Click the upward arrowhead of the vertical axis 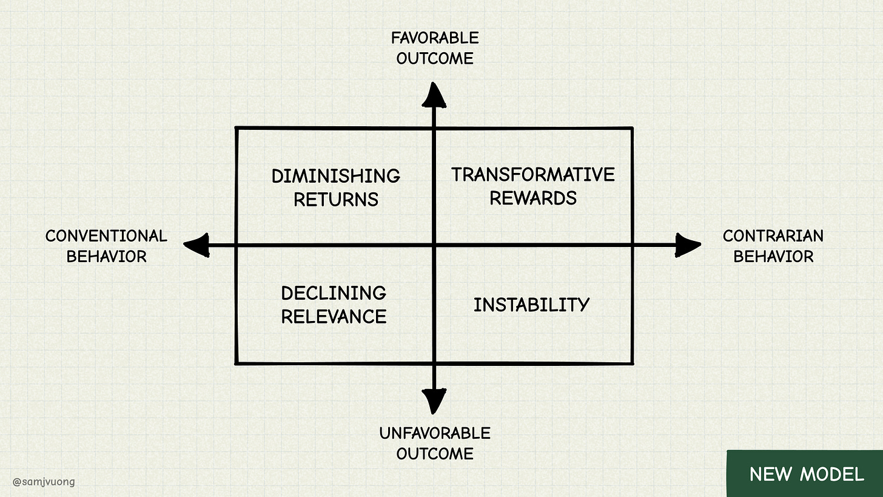pyautogui.click(x=434, y=96)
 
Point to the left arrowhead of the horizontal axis pyautogui.click(x=197, y=245)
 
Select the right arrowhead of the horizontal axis pyautogui.click(x=687, y=245)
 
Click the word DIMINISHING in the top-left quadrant pyautogui.click(x=335, y=177)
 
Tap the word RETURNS pyautogui.click(x=336, y=199)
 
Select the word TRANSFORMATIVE pyautogui.click(x=533, y=175)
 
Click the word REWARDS pyautogui.click(x=533, y=198)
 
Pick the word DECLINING pyautogui.click(x=334, y=293)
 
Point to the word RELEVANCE pyautogui.click(x=334, y=316)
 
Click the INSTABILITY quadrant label pyautogui.click(x=531, y=305)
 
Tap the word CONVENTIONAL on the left pyautogui.click(x=106, y=235)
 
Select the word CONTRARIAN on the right pyautogui.click(x=773, y=235)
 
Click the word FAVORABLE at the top pyautogui.click(x=435, y=38)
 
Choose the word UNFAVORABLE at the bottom pyautogui.click(x=435, y=433)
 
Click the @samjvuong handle pyautogui.click(x=44, y=482)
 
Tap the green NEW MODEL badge pyautogui.click(x=806, y=474)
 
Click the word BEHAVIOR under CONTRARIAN pyautogui.click(x=773, y=256)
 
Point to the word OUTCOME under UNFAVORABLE pyautogui.click(x=435, y=454)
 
